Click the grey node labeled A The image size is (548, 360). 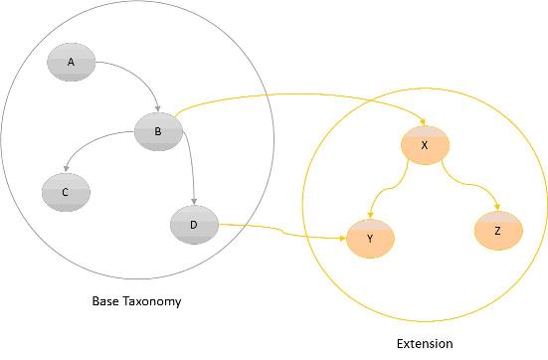71,63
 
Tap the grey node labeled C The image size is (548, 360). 66,192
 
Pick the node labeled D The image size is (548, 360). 193,225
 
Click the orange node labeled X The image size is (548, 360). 424,145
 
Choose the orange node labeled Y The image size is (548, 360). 369,239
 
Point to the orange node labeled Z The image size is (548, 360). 496,231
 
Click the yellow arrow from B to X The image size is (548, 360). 298,95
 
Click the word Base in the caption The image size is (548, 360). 107,300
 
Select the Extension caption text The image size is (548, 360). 424,343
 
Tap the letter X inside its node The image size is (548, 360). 424,145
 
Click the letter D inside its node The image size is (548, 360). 193,225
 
